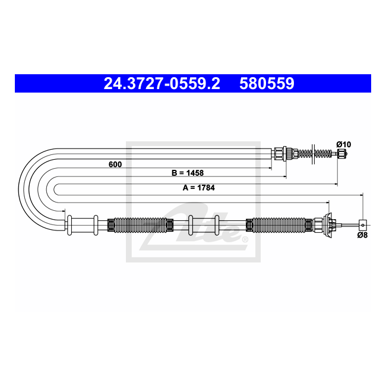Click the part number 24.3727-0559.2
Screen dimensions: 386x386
162,84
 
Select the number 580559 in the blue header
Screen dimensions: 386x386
267,84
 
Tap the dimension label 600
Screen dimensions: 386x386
115,164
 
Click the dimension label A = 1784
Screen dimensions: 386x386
199,188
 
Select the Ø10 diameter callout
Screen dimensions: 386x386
343,144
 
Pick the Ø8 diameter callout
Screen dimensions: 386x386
362,235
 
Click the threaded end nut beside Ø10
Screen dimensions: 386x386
342,154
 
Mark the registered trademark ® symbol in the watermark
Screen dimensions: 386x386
243,239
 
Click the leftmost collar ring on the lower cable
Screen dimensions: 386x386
70,224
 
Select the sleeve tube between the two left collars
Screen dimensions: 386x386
83,224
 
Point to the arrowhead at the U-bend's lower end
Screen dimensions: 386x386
63,209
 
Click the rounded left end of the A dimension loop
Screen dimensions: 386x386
55,189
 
